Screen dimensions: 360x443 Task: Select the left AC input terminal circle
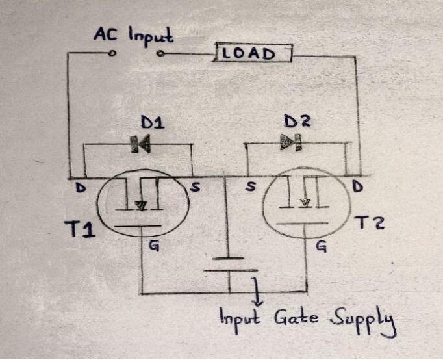[113, 53]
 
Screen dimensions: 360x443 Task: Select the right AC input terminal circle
[160, 53]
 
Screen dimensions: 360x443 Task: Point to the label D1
[152, 122]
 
